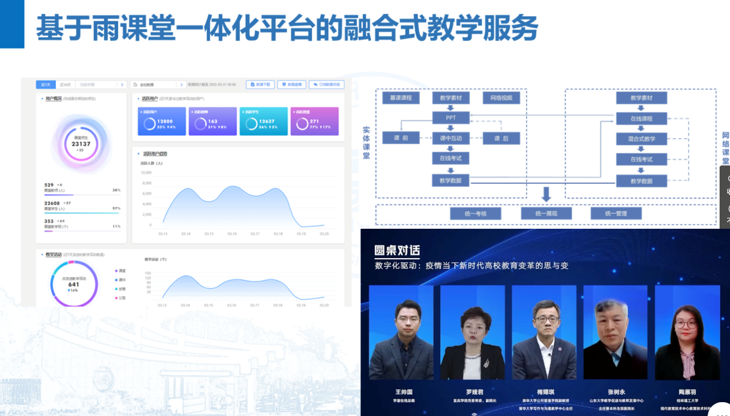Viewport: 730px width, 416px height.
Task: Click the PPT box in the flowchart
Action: [451, 118]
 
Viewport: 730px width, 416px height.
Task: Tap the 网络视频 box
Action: [501, 98]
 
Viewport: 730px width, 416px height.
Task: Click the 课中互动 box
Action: [451, 138]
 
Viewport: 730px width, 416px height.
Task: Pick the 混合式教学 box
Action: [641, 139]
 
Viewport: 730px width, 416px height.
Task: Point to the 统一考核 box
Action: [476, 214]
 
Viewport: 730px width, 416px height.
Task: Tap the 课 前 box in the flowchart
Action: [401, 138]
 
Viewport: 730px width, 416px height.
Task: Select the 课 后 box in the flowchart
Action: [501, 138]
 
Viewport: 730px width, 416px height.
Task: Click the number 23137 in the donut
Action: [81, 144]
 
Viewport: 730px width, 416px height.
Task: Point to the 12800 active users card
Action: [162, 122]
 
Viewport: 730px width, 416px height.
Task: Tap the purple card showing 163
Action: [212, 122]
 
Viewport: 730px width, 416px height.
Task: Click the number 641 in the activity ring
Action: [74, 284]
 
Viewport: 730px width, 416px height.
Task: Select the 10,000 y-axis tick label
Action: [146, 172]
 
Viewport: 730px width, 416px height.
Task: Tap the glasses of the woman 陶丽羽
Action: [686, 325]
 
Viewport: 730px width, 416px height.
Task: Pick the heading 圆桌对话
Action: [397, 251]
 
